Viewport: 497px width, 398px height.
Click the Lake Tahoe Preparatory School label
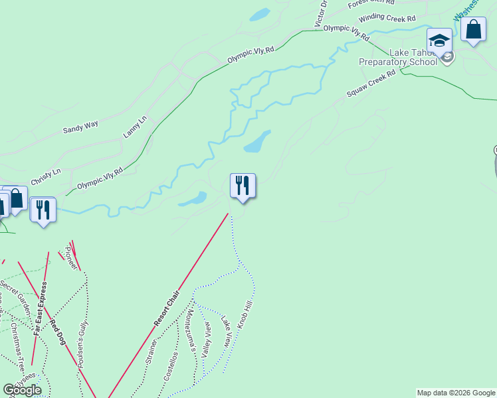coord(399,58)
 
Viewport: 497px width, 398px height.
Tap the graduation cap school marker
coord(439,40)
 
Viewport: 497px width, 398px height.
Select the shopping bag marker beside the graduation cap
coord(473,31)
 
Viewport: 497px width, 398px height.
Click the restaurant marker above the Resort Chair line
coord(243,186)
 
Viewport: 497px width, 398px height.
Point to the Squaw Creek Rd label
coord(371,84)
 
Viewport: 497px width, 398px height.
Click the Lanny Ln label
coord(134,127)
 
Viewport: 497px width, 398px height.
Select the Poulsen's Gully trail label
coord(83,344)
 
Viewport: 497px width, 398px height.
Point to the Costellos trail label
coord(171,366)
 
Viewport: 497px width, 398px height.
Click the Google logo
coord(22,389)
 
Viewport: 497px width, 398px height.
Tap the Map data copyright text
coord(456,393)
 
